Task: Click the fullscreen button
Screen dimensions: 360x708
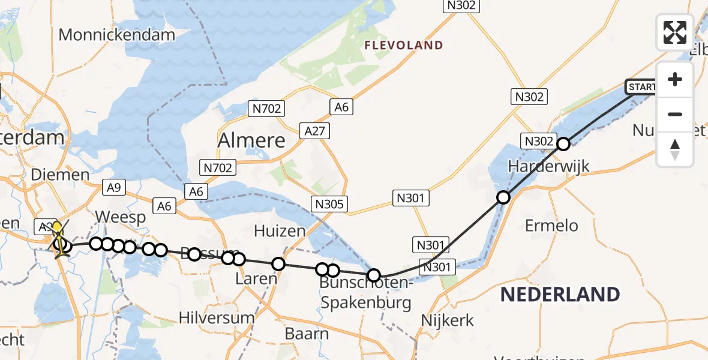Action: pyautogui.click(x=675, y=32)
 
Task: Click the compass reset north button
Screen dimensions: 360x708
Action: pyautogui.click(x=675, y=149)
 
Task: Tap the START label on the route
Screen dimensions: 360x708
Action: pyautogui.click(x=641, y=88)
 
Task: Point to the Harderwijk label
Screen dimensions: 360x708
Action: pyautogui.click(x=548, y=166)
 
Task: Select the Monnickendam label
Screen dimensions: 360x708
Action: pyautogui.click(x=116, y=34)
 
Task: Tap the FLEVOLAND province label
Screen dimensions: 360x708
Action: pyautogui.click(x=404, y=45)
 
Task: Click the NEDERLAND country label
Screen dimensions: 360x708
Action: pyautogui.click(x=560, y=295)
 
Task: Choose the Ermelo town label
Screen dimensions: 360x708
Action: pyautogui.click(x=551, y=226)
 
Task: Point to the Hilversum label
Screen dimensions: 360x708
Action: pyautogui.click(x=217, y=318)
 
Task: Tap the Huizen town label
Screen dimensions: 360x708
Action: pyautogui.click(x=280, y=230)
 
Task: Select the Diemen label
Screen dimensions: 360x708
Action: pyautogui.click(x=59, y=175)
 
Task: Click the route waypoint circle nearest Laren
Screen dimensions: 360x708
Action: pyautogui.click(x=278, y=264)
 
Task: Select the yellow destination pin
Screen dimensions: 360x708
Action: pyautogui.click(x=56, y=228)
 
